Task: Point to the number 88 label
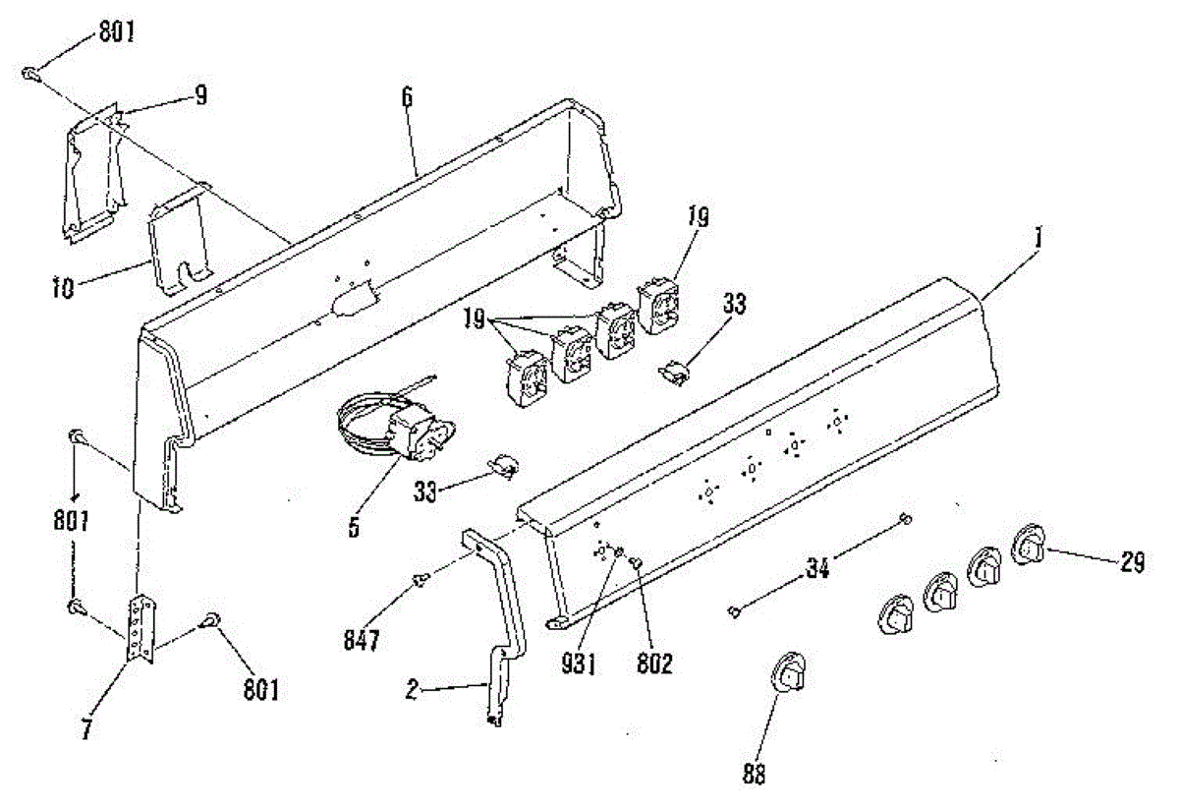754,774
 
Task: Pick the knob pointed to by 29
1029,545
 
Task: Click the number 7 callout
87,731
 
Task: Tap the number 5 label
353,528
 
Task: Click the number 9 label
200,95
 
